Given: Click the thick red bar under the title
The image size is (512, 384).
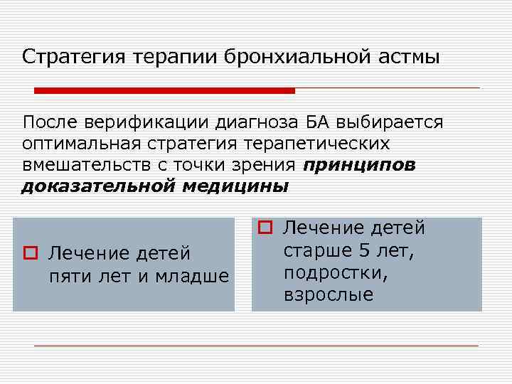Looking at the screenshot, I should pos(164,90).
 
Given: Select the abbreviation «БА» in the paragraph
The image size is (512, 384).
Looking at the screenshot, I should pos(310,122).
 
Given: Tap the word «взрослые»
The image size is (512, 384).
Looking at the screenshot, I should pos(328,294).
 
